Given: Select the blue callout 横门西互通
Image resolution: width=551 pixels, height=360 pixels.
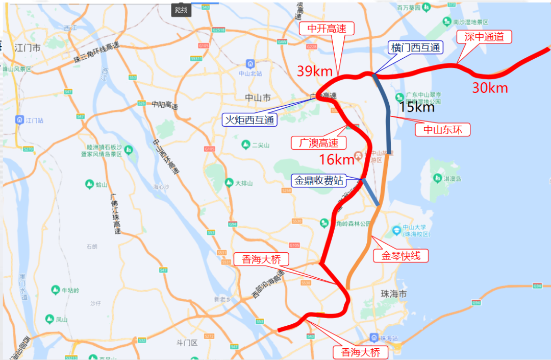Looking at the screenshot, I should pos(415,47).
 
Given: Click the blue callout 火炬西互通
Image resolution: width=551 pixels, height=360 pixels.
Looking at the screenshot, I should pos(250,120).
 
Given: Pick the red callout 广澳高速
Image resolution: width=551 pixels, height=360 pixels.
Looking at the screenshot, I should pos(318,142).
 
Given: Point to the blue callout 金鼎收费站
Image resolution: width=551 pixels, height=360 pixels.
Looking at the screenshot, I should pos(317,180).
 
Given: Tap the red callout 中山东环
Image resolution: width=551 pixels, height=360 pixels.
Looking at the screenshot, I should pos(442,130).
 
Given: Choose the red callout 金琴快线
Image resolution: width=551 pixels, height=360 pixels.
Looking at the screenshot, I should pos(400,255).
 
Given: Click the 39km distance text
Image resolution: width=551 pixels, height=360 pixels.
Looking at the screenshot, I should pos(315,71).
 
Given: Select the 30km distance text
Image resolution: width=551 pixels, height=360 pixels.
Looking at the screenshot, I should pos(490,88).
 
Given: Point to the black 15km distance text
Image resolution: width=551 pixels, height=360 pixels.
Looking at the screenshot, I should pos(416,107).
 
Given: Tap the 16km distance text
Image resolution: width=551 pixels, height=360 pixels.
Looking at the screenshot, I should pos(336,160).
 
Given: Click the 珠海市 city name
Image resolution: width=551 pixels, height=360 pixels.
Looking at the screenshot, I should pos(394,295).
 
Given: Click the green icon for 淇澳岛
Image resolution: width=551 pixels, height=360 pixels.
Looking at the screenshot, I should pos(437,178).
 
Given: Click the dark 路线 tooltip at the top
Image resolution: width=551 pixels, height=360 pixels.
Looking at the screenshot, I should pos(181,10).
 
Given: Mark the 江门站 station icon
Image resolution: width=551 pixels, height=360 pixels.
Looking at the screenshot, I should pos(20,120).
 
